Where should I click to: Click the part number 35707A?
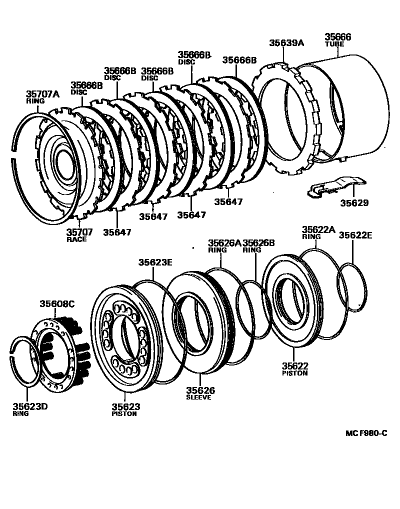[x=42, y=93]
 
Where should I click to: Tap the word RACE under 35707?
[x=76, y=239]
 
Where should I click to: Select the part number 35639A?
[x=286, y=43]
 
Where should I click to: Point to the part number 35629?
[x=354, y=203]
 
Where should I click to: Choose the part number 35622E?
[x=355, y=235]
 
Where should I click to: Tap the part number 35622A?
[x=317, y=230]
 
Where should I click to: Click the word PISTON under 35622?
[x=294, y=373]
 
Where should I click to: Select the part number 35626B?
[x=258, y=243]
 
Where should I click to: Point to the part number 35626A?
[x=224, y=243]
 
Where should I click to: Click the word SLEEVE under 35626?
[x=198, y=397]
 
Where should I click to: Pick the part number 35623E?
[x=155, y=261]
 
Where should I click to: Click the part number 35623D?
[x=30, y=406]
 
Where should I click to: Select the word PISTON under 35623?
[x=124, y=414]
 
